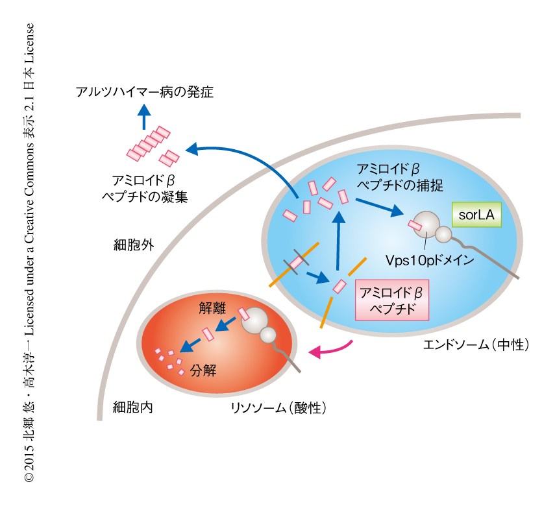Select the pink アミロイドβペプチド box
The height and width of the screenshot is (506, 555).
coord(391,299)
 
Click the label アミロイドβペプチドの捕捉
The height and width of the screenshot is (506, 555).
coord(399,177)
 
